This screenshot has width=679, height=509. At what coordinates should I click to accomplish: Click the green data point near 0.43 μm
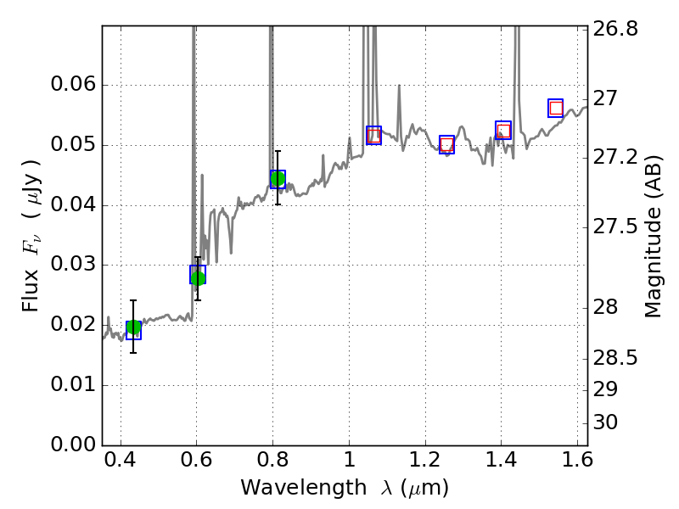(133, 328)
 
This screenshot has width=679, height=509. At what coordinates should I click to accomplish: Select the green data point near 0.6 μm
(198, 277)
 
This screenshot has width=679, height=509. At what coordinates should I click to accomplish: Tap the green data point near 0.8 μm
(278, 178)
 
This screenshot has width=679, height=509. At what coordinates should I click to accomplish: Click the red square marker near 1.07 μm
(373, 135)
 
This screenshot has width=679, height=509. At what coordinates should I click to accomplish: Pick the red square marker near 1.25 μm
(446, 145)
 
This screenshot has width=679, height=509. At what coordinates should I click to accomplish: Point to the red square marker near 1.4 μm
(503, 131)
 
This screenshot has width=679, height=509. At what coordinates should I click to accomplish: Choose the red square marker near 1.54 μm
(556, 108)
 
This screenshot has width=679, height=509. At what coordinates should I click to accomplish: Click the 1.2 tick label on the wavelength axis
(424, 464)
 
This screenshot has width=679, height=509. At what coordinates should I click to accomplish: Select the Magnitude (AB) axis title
(653, 236)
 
